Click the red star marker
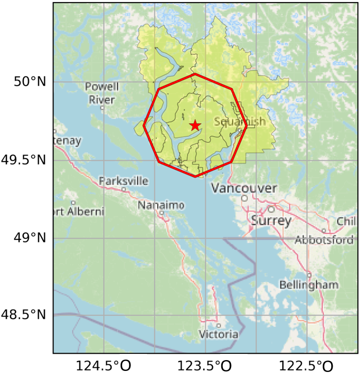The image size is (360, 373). (x=194, y=125)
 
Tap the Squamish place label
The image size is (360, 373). (x=240, y=122)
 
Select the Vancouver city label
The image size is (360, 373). (x=244, y=188)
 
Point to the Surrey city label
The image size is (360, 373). (x=271, y=221)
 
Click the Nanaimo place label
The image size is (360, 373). (x=160, y=205)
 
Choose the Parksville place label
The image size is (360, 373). (x=123, y=181)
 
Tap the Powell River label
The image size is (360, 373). (x=102, y=93)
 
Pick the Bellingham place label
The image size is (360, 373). (x=309, y=285)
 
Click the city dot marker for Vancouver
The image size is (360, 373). (x=244, y=198)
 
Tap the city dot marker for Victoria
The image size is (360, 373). (x=219, y=326)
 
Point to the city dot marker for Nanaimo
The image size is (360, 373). (x=161, y=213)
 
